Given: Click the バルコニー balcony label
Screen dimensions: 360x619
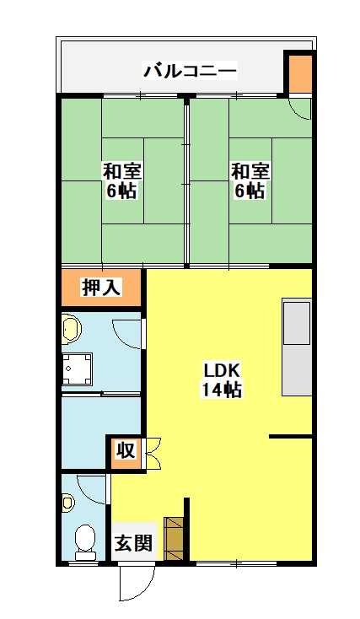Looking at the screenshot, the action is (x=190, y=71).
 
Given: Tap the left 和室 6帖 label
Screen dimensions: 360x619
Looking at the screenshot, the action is (x=122, y=180).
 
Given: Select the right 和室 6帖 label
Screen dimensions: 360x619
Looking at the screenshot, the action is (x=250, y=180).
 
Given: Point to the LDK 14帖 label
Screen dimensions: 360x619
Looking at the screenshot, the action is (x=222, y=379).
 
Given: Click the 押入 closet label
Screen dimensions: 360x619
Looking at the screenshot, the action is (x=100, y=287).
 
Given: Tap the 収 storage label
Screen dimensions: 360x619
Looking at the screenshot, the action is (x=126, y=451).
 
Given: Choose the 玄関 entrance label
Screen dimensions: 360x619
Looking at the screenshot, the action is (x=133, y=543).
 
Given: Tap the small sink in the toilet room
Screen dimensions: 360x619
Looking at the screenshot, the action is (x=68, y=503).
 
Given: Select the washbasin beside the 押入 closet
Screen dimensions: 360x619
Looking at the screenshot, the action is (x=72, y=328).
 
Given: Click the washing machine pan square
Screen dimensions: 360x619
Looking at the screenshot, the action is (x=78, y=369).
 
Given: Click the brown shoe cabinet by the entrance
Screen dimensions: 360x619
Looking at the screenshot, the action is (x=174, y=539).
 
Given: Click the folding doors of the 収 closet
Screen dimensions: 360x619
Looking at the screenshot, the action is (x=153, y=453).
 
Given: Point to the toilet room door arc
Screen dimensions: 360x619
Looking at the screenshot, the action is (x=92, y=489).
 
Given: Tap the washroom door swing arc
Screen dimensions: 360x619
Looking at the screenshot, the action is (x=126, y=335).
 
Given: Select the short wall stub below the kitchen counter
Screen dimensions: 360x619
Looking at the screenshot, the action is (x=291, y=436).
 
